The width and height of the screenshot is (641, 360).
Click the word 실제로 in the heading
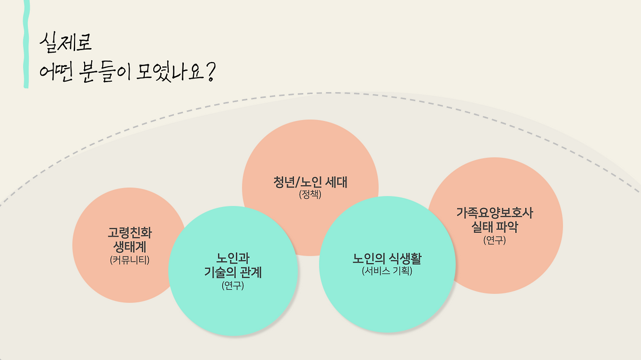click(x=66, y=43)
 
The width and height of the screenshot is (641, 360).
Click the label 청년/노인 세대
click(x=310, y=182)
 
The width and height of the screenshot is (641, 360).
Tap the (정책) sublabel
click(x=310, y=195)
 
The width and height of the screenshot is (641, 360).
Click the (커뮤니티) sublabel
click(x=130, y=260)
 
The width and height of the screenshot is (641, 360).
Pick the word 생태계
click(x=130, y=247)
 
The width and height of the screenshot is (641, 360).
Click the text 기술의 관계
click(x=233, y=273)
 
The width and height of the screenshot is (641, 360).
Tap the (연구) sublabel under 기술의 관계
click(x=233, y=286)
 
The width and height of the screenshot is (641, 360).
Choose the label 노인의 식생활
click(x=387, y=259)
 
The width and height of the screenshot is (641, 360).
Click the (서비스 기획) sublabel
click(x=387, y=272)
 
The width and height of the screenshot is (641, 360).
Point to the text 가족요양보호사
click(x=495, y=213)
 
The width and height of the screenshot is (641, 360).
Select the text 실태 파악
click(x=495, y=227)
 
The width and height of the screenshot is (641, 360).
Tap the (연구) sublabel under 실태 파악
click(x=495, y=240)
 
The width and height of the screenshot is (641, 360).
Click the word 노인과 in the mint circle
click(x=233, y=259)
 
